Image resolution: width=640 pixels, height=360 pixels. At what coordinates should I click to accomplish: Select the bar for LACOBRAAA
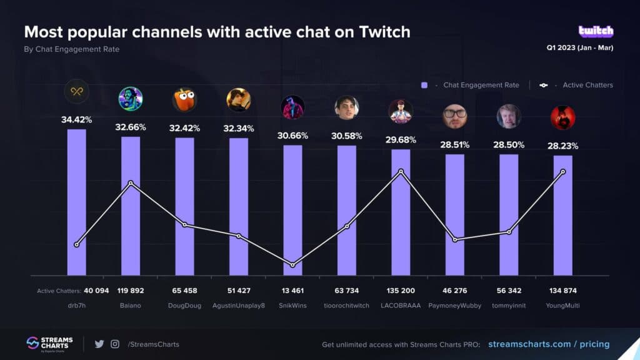[401, 212]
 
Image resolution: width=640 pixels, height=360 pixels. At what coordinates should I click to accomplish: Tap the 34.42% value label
[77, 119]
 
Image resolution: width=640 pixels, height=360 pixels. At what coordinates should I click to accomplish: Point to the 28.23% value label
[562, 146]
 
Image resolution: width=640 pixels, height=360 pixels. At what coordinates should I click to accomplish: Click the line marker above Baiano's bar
[131, 183]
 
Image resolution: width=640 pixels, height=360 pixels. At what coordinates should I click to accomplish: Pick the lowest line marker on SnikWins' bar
[292, 265]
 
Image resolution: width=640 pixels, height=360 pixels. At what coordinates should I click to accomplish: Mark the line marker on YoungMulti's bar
[563, 172]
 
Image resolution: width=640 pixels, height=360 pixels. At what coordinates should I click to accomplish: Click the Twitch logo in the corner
[596, 31]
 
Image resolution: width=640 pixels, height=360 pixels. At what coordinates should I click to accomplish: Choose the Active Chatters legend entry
[578, 85]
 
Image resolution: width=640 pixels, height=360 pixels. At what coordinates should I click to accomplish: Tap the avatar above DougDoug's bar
[184, 99]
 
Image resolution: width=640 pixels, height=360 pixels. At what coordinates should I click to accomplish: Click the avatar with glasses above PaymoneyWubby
[455, 116]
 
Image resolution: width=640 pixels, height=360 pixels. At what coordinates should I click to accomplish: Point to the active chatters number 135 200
[401, 291]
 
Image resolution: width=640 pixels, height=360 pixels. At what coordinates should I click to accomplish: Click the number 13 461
[292, 291]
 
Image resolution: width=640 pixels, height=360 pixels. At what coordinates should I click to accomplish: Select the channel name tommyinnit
[509, 306]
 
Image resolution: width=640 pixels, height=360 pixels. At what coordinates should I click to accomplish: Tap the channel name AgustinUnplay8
[239, 306]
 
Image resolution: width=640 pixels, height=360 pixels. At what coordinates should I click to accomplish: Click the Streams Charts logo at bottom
[49, 343]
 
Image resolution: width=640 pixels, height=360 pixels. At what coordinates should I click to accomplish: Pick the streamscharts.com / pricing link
[548, 344]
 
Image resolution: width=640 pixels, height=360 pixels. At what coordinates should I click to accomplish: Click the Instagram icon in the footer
[115, 344]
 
